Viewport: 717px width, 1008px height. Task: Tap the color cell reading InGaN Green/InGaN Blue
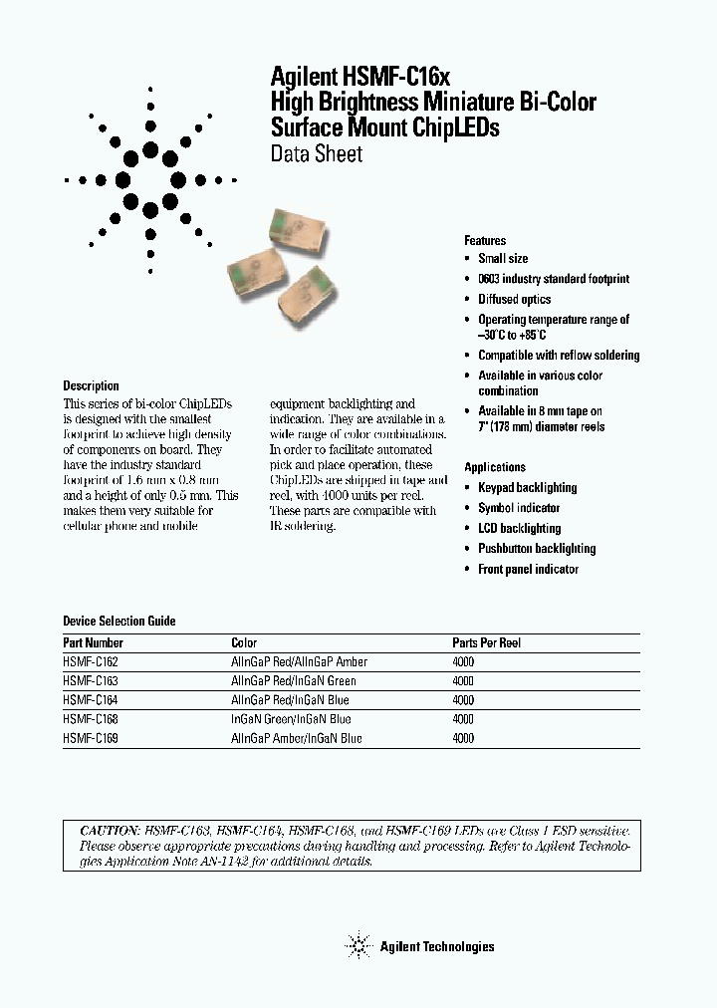[291, 719]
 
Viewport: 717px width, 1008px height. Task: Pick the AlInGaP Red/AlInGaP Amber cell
[299, 662]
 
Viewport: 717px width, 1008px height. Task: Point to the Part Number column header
[94, 643]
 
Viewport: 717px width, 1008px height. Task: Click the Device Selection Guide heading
[119, 622]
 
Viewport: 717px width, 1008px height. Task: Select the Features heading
[485, 241]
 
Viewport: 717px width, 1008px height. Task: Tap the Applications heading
[495, 467]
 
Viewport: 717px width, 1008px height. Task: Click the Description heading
[91, 386]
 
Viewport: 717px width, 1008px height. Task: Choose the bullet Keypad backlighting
[527, 488]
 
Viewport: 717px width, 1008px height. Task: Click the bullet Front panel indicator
[528, 570]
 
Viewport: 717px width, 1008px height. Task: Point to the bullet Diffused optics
[514, 300]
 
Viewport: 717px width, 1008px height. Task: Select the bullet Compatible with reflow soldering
[559, 356]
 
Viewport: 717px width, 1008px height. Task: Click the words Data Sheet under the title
[317, 154]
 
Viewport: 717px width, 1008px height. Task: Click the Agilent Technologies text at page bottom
[437, 947]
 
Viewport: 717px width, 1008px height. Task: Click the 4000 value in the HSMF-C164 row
[463, 700]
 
